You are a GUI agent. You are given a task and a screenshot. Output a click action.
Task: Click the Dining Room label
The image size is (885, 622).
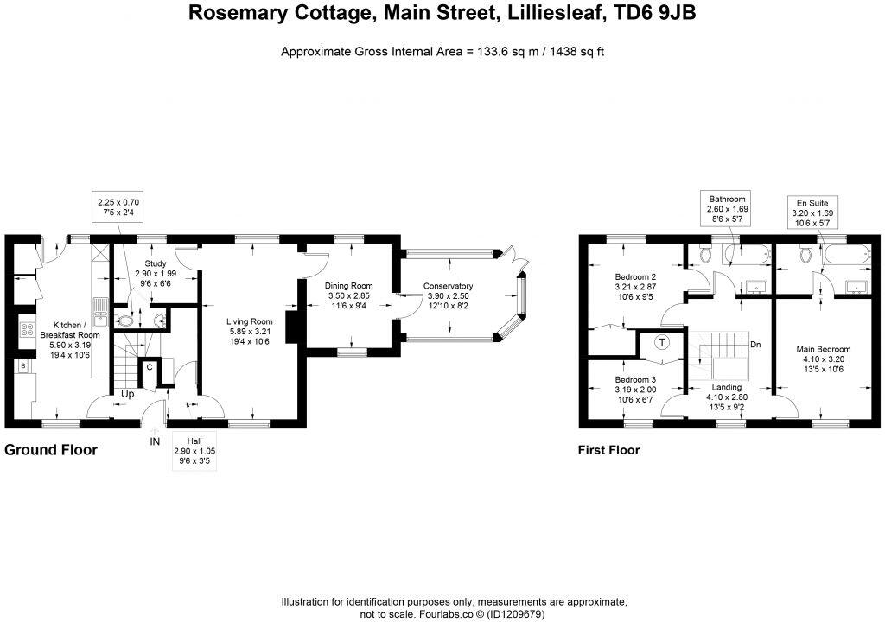coord(348,286)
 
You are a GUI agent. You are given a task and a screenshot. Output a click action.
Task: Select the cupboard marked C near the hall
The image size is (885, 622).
coord(150,366)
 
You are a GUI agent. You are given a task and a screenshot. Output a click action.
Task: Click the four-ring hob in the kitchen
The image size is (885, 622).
coord(26,330)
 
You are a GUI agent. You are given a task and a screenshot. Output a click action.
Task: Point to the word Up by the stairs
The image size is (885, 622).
coord(127,394)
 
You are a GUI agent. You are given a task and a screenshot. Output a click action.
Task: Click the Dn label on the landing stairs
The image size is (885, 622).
coord(755,345)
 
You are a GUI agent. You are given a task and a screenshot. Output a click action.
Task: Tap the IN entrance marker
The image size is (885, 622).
coord(155,441)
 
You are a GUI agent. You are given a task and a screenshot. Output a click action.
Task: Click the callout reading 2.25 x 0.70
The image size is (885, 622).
coord(116,207)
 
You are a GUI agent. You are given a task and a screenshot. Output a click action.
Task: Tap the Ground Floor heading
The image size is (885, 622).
coord(51,450)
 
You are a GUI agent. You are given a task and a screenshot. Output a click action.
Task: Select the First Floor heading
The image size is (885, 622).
coord(608,450)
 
